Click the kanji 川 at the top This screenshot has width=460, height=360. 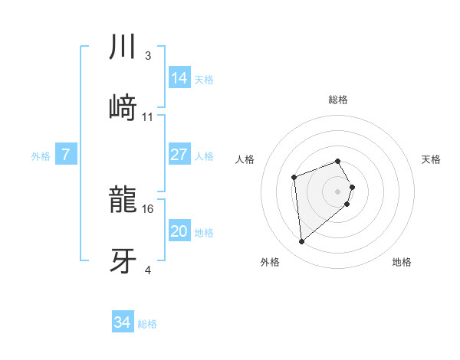point(123,47)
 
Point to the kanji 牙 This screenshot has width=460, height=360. point(123,260)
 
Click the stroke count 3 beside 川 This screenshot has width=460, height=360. point(148,55)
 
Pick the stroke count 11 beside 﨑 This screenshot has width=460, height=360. point(148,116)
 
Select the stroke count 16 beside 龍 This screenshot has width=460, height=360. point(149,208)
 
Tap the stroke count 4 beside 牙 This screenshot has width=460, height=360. point(148,270)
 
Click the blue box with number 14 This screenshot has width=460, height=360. point(179,77)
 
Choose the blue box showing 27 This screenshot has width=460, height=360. point(179,155)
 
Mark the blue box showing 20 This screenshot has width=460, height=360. point(179,231)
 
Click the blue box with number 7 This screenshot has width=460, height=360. point(66,155)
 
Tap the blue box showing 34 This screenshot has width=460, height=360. point(122,322)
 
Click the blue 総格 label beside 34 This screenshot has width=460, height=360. point(147,324)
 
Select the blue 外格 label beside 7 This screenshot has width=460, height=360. point(41,156)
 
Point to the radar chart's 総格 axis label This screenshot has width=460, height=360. point(337,100)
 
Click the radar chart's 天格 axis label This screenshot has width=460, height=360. point(431,159)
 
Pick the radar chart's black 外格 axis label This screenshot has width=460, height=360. point(270,262)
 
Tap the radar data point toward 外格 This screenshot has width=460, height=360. point(302,242)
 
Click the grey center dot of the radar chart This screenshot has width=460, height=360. point(337,191)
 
